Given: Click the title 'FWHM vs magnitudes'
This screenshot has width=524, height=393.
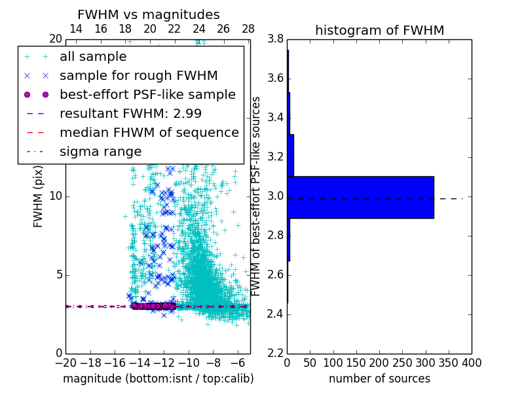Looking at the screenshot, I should [149, 15].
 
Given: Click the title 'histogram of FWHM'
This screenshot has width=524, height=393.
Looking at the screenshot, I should [379, 30].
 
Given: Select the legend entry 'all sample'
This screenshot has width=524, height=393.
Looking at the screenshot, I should [93, 57].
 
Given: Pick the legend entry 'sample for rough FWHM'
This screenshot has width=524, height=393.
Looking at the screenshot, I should [139, 76].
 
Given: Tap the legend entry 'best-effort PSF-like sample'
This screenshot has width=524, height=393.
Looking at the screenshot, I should [147, 94].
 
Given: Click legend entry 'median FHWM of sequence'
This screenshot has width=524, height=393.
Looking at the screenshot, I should [149, 132].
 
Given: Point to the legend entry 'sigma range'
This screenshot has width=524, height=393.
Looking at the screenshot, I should [100, 151].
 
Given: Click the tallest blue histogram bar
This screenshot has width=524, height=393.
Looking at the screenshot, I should [360, 196].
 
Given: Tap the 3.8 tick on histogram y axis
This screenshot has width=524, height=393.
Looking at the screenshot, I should [275, 39].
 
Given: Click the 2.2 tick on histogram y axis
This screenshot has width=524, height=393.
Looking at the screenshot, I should [275, 353].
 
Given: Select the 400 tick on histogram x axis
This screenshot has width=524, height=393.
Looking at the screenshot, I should [471, 362].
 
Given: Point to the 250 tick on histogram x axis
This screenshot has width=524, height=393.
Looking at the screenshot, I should [402, 362].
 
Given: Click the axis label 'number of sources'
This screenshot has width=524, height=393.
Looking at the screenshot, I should [379, 379].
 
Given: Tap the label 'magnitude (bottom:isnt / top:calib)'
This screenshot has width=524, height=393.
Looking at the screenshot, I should [158, 379].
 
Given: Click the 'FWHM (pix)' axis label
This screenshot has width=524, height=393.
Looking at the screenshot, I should [39, 196].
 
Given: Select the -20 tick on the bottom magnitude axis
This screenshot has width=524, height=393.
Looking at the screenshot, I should [65, 362].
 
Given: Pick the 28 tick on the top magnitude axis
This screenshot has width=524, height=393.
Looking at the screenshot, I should [248, 29].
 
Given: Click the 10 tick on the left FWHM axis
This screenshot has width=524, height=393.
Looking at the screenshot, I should [56, 196].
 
